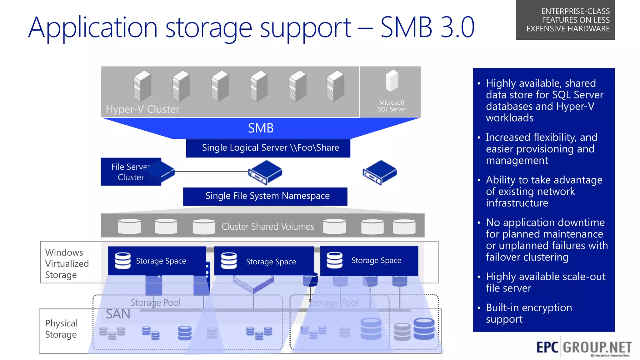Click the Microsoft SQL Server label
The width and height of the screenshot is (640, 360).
point(392,106)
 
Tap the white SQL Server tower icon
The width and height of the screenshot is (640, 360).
point(392,81)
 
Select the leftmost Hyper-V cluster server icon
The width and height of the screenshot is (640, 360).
point(142,86)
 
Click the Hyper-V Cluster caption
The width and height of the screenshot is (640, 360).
point(142,109)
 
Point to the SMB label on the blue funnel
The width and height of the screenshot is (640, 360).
point(261,128)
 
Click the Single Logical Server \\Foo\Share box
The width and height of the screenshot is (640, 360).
point(268,148)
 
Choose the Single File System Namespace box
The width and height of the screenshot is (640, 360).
point(265,196)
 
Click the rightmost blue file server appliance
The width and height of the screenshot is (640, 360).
point(379,172)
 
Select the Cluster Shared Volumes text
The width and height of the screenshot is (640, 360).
point(268,226)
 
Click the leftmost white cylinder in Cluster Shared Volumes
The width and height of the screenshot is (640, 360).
point(129,226)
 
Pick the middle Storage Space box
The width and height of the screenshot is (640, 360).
point(264,261)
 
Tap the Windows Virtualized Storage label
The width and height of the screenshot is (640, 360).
point(67,263)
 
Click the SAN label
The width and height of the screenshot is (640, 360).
point(118,314)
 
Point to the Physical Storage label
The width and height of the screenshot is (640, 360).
point(61,329)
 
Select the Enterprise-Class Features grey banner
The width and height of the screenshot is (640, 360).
point(565,20)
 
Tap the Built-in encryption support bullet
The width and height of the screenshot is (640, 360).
point(529,313)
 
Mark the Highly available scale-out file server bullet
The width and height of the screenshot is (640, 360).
point(545,282)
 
